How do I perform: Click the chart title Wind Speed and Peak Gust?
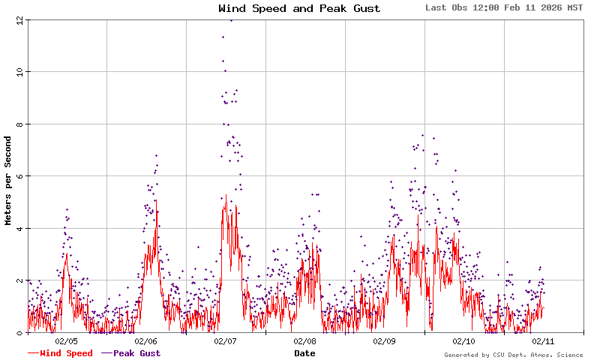pos(299,9)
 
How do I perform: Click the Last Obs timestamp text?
pos(503,7)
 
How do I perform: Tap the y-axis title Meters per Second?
pos(8,181)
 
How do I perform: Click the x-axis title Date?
pos(304,353)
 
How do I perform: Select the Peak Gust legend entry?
pos(135,353)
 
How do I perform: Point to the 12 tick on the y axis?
pos(19,20)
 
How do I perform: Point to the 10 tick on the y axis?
pos(19,72)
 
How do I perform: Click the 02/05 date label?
pos(67,341)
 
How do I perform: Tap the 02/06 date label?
pos(146,341)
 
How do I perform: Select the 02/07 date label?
pos(226,341)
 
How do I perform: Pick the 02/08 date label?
pos(305,341)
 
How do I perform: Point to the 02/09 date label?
pos(385,341)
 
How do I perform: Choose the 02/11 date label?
pos(544,341)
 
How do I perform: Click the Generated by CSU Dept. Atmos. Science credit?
pos(513,355)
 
